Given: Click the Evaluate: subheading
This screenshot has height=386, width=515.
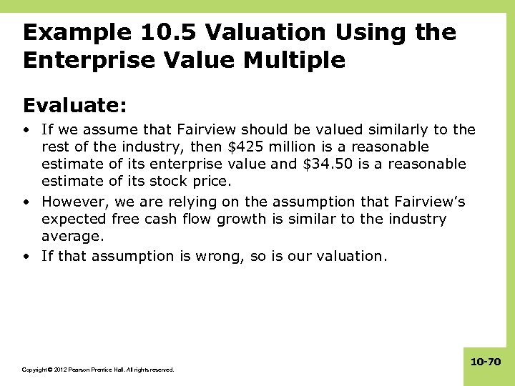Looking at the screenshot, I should point(75,106).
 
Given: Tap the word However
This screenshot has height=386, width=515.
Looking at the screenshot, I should point(72,202).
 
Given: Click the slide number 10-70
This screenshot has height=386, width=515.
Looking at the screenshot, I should point(486,362).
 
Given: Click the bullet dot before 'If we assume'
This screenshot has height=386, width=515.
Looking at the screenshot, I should point(26,130).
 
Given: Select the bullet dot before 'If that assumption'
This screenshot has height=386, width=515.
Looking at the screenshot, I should point(26,256).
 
